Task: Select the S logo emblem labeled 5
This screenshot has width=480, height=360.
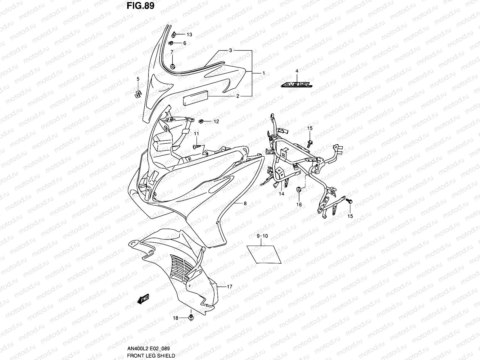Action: pyautogui.click(x=137, y=94)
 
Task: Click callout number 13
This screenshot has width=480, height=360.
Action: pyautogui.click(x=189, y=34)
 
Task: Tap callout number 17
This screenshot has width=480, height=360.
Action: pyautogui.click(x=229, y=287)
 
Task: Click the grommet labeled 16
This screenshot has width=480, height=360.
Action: pyautogui.click(x=299, y=190)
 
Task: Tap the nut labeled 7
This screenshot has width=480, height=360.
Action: pyautogui.click(x=172, y=66)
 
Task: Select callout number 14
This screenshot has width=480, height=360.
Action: pyautogui.click(x=281, y=194)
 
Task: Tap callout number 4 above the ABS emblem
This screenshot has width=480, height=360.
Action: pyautogui.click(x=297, y=71)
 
